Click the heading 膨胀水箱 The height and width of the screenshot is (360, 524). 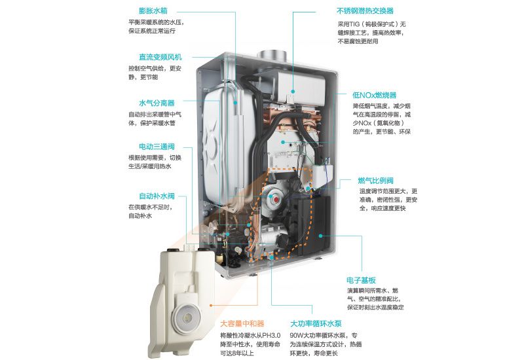tap(153, 10)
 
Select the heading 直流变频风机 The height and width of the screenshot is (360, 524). tap(160, 57)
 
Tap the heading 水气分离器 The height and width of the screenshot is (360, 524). tap(157, 103)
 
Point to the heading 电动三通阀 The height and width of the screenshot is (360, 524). tap(157, 147)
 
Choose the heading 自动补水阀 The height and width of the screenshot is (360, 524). tap(157, 196)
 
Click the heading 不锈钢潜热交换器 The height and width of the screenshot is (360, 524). tap(365, 11)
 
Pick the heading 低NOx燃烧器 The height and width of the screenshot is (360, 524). tap(374, 95)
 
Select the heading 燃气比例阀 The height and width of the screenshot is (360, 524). tap(375, 181)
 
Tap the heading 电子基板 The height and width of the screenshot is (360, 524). tap(361, 280)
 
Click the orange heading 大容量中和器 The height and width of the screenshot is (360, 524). tap(242, 323)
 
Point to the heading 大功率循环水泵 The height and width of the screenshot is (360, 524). tap(316, 323)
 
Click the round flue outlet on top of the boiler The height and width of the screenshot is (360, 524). tap(272, 56)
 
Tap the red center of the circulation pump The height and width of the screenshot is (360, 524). tap(276, 200)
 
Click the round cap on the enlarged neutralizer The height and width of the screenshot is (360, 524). tap(187, 315)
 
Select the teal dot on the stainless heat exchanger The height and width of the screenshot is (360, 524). tap(293, 91)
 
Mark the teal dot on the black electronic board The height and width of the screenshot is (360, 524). tap(320, 236)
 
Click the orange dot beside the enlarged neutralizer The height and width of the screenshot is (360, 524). tap(211, 305)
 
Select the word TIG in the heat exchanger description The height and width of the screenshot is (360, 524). tap(355, 24)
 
